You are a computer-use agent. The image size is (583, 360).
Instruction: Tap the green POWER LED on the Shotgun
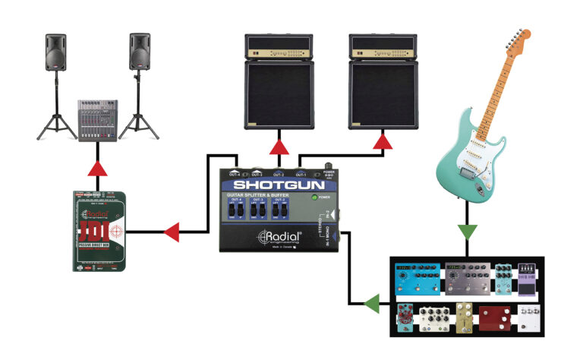[x=313, y=198]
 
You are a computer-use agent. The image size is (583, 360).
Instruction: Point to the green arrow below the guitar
[x=468, y=229]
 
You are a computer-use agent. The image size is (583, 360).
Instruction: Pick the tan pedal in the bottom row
[x=462, y=317]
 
